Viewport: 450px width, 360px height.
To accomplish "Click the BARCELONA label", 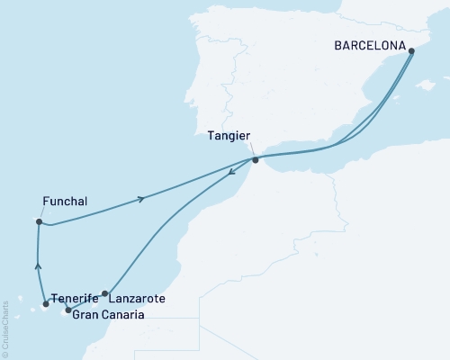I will pos(369,41).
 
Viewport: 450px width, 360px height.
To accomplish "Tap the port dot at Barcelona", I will pos(411,51).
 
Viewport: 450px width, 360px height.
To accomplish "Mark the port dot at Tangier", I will pos(256,160).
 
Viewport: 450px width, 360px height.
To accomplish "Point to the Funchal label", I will pos(65,202).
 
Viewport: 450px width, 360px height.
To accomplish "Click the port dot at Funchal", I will pos(39,221).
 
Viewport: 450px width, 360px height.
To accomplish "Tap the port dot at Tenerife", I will pos(46,304).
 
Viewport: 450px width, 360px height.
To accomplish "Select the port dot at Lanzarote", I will pos(105,293).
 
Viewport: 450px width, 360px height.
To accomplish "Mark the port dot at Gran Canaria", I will pos(68,310).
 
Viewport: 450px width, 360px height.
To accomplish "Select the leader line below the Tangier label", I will pos(250,148).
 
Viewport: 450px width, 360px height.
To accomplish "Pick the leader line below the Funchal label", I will pos(40,214).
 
